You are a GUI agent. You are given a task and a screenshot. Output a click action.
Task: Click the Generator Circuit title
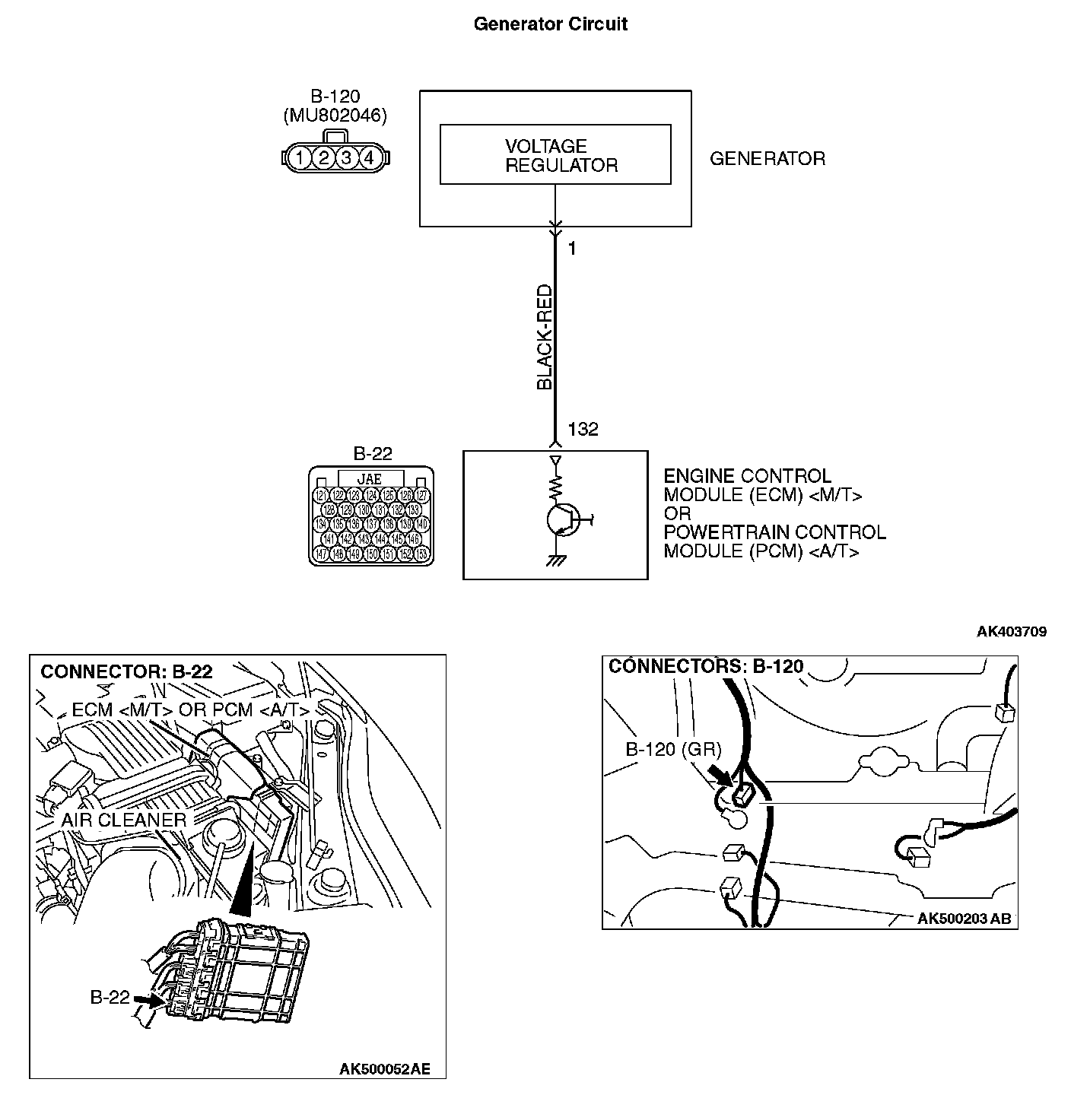pos(550,24)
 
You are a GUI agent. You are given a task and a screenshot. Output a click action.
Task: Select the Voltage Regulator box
pos(555,155)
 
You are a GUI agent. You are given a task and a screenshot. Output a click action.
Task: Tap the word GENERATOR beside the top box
pos(767,159)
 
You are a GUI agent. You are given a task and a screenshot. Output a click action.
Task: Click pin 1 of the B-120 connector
pos(301,158)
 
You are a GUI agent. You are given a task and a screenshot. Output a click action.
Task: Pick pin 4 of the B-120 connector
pos(369,158)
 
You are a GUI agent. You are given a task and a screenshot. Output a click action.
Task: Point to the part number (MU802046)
pos(335,116)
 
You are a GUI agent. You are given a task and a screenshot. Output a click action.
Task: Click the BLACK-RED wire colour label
pos(545,338)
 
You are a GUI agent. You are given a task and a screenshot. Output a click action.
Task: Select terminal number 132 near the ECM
pos(583,430)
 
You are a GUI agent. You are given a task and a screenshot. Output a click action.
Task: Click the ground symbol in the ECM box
pos(556,561)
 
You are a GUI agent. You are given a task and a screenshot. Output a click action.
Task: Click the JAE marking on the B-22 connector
pos(370,479)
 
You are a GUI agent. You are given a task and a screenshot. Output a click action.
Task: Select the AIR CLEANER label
pos(123,820)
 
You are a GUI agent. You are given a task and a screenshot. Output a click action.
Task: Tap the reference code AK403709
pos(1012,632)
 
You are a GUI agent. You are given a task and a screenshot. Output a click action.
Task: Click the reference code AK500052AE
pos(384,1069)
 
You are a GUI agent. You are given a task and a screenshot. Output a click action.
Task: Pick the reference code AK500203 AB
pos(964,919)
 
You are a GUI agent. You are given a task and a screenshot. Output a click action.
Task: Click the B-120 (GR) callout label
pos(672,749)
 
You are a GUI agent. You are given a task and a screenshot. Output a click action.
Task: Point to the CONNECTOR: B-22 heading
pos(126,671)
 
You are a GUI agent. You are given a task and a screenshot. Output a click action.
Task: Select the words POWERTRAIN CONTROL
pos(774,532)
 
